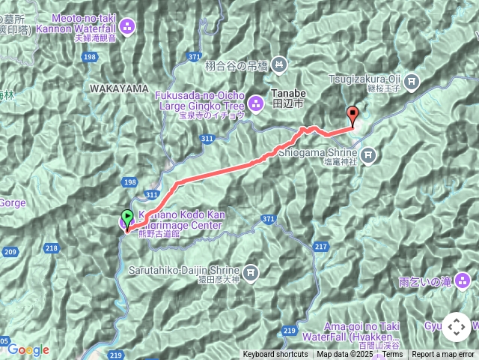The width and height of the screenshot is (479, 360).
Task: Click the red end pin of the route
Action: point(353,116)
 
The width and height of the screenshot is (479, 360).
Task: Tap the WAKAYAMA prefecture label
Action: point(119,88)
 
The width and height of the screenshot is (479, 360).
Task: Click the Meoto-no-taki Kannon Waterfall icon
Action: point(127,28)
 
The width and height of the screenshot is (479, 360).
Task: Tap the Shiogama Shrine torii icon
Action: point(368,155)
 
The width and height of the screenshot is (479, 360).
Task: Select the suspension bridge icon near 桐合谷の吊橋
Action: point(278,65)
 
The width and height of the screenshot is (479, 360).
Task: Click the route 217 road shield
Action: point(321,246)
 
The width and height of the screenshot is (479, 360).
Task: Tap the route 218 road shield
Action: point(52,248)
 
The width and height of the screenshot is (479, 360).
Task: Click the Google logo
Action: point(28,349)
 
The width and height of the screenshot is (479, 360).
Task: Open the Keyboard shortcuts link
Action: point(275,355)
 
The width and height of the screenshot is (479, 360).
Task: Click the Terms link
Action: point(392,355)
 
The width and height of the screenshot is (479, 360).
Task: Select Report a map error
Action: point(444,355)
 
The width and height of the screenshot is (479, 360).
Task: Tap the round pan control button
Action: point(456,327)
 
